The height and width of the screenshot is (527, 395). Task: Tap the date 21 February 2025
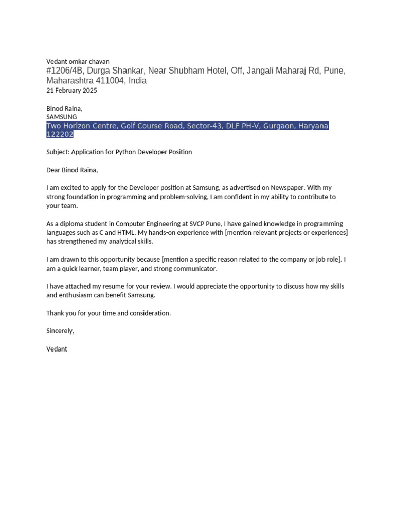tap(71, 90)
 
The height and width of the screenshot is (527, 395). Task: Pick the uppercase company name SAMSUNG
tap(62, 117)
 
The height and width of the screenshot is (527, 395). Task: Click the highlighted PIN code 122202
tap(60, 134)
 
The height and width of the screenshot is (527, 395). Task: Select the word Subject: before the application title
tap(58, 152)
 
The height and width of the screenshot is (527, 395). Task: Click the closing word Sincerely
tap(60, 331)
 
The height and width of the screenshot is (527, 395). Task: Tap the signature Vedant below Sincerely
tap(57, 349)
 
